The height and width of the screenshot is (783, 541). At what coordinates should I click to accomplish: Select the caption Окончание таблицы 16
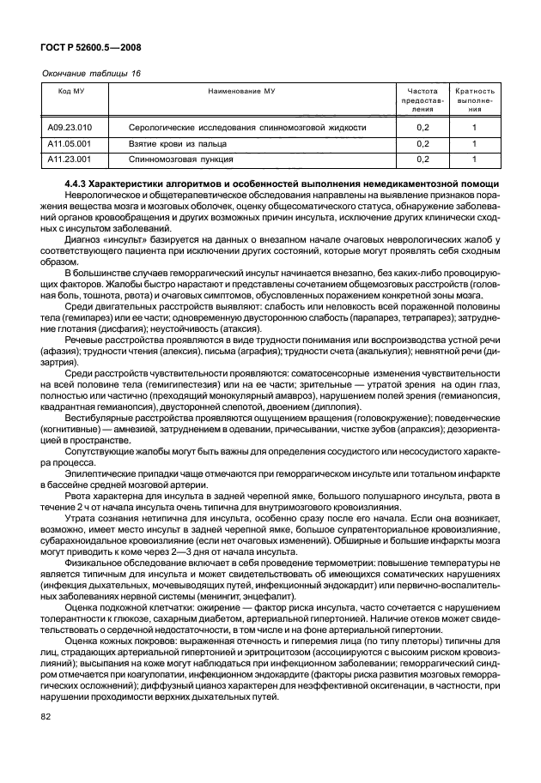click(91, 73)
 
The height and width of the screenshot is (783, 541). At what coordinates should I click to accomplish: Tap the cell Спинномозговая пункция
click(177, 159)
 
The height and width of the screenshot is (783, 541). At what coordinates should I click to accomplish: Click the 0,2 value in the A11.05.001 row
click(422, 143)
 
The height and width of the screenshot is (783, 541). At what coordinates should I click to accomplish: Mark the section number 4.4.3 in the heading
click(78, 184)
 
